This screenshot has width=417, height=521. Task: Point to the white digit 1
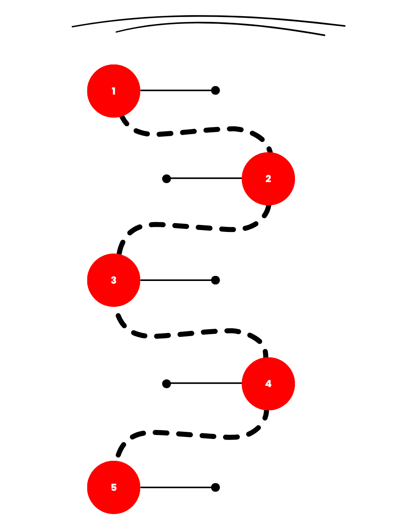114,91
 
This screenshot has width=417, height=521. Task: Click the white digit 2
268,179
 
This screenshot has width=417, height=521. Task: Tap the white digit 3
114,280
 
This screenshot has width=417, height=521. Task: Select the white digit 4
268,384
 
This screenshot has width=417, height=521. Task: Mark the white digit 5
114,487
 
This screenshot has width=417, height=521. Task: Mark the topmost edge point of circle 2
268,152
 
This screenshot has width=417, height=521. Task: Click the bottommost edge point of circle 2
268,205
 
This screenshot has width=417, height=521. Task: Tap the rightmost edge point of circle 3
140,280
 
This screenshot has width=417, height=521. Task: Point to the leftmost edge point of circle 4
242,384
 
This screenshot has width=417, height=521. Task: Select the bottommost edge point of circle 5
114,514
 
